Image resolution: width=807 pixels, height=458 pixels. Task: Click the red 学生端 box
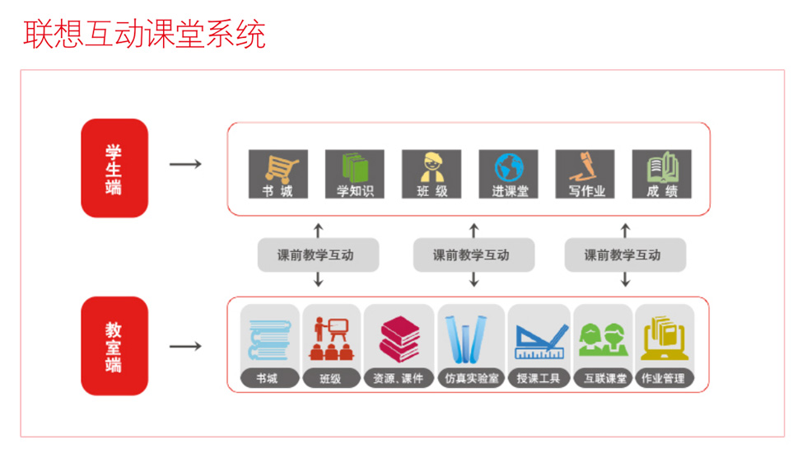click(114, 168)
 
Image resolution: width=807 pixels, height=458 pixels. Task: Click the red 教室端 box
click(114, 346)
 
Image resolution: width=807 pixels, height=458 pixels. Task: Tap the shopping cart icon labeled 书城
click(278, 174)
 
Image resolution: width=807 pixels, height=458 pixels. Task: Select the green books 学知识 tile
click(355, 174)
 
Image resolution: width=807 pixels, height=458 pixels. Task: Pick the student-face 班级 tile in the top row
click(431, 174)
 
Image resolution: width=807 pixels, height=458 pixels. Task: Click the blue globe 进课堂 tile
click(508, 174)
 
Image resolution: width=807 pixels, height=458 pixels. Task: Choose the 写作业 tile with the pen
click(585, 174)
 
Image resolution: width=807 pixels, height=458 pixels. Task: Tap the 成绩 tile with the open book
click(661, 174)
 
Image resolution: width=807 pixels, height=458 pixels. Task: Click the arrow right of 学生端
click(185, 164)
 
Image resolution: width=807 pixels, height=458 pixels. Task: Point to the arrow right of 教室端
click(185, 346)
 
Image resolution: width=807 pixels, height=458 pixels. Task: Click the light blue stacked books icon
click(270, 339)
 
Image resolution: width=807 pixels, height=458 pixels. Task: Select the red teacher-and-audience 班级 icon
click(331, 339)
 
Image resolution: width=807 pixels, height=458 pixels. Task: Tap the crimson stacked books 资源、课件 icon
click(399, 339)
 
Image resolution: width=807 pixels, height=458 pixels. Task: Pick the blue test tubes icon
click(466, 339)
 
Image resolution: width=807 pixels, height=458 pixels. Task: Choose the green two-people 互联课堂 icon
click(603, 339)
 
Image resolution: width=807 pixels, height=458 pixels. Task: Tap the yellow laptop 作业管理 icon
click(665, 338)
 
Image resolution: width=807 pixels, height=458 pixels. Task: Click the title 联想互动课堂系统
click(145, 34)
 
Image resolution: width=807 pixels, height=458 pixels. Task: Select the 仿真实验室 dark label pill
click(471, 378)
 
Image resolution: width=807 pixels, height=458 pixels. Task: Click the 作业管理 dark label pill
click(664, 378)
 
